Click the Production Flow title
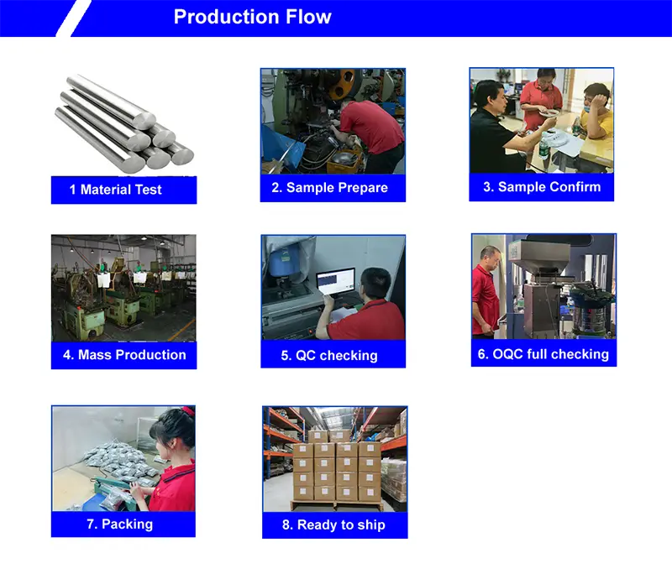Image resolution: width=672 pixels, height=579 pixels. [x=252, y=18]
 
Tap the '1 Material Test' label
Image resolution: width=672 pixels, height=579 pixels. [x=121, y=190]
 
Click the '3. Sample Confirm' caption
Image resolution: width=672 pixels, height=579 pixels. [x=542, y=187]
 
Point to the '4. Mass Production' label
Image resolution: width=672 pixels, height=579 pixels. [x=124, y=355]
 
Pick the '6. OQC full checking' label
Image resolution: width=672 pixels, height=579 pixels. [x=543, y=354]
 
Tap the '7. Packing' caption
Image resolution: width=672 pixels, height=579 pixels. [x=120, y=524]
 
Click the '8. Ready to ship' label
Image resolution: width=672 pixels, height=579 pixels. [x=333, y=525]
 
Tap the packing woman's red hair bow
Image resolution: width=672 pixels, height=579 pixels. [x=187, y=411]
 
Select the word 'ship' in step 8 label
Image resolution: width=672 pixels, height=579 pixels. [x=369, y=525]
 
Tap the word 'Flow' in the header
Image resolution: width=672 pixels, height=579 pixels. [x=306, y=18]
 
